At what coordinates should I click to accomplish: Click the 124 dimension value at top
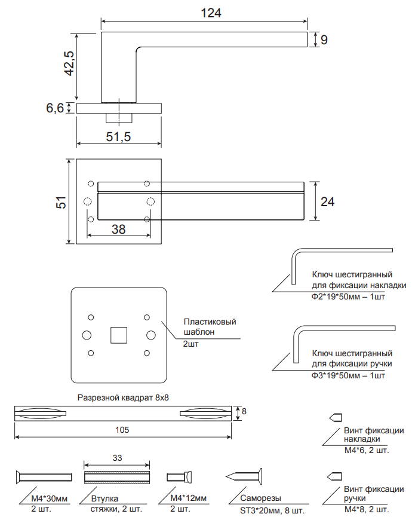pyautogui.click(x=211, y=13)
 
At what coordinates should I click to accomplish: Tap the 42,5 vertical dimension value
pyautogui.click(x=69, y=63)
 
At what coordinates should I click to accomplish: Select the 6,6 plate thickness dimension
pyautogui.click(x=55, y=108)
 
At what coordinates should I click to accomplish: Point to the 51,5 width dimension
pyautogui.click(x=118, y=136)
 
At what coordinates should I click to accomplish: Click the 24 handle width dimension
pyautogui.click(x=327, y=202)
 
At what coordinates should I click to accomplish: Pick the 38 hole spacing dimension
pyautogui.click(x=118, y=229)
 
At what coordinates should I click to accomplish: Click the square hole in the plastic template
pyautogui.click(x=119, y=335)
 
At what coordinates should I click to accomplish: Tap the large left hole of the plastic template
pyautogui.click(x=87, y=335)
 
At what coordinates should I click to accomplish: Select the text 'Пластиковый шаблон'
pyautogui.click(x=210, y=327)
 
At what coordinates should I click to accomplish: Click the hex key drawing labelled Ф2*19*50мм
pyautogui.click(x=342, y=266)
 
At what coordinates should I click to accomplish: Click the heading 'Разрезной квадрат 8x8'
pyautogui.click(x=123, y=397)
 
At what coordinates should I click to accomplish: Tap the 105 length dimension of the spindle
pyautogui.click(x=122, y=430)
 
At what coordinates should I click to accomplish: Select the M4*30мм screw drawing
pyautogui.click(x=44, y=477)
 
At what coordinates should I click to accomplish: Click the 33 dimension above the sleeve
pyautogui.click(x=117, y=458)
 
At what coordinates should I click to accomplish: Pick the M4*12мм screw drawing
pyautogui.click(x=179, y=477)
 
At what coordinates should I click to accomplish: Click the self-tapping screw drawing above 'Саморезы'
pyautogui.click(x=244, y=476)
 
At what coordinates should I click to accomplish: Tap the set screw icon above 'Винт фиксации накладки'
pyautogui.click(x=336, y=418)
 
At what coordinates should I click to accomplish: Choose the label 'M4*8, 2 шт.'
pyautogui.click(x=367, y=510)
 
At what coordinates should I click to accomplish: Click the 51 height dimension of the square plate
pyautogui.click(x=62, y=202)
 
